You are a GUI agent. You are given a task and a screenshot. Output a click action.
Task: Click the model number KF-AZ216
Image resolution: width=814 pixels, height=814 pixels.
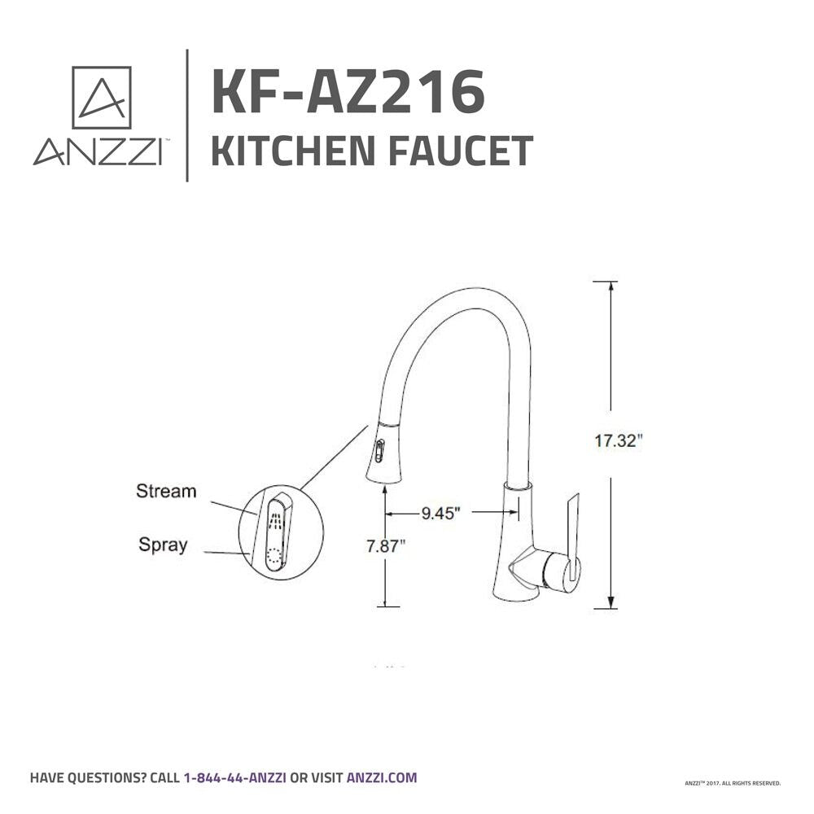point(348,92)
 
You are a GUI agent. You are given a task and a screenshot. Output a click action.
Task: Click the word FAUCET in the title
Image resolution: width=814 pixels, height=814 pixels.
point(461,151)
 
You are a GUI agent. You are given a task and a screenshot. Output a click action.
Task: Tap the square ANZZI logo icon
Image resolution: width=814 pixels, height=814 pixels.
point(101,97)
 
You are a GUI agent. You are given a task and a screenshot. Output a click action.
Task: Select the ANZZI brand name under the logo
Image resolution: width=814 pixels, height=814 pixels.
point(98,151)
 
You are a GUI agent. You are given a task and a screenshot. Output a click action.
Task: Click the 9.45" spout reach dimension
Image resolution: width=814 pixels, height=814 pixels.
point(440,513)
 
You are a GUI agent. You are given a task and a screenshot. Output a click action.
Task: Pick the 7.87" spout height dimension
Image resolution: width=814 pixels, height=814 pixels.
point(386,546)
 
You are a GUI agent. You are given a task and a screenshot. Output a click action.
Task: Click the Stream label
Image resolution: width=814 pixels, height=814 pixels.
point(166,491)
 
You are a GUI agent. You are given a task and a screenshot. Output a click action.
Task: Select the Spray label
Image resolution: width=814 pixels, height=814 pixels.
point(163,545)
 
